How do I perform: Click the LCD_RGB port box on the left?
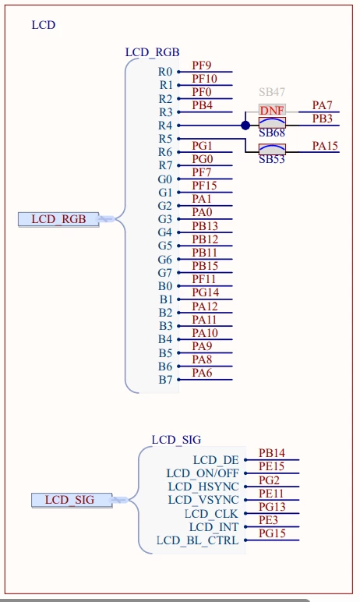(x=58, y=219)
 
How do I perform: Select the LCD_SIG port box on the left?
(x=72, y=500)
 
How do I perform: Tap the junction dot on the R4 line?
(x=245, y=126)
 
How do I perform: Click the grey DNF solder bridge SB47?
(x=272, y=111)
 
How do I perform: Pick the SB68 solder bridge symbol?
(x=272, y=123)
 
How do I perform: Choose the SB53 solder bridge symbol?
(x=272, y=149)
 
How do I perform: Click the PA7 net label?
(x=322, y=105)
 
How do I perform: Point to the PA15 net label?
(x=325, y=146)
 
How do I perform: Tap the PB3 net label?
(x=322, y=119)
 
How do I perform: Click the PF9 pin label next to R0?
(x=202, y=66)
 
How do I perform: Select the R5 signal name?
(x=165, y=139)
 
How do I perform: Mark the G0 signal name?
(x=165, y=179)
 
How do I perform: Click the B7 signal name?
(x=165, y=380)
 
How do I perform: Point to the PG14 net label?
(x=206, y=293)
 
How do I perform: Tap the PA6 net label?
(x=202, y=373)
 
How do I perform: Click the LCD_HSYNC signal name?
(x=203, y=487)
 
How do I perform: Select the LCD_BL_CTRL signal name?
(x=198, y=540)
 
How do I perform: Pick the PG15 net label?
(x=272, y=533)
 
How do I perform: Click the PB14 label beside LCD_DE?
(x=272, y=453)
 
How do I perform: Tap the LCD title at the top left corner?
(x=44, y=25)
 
